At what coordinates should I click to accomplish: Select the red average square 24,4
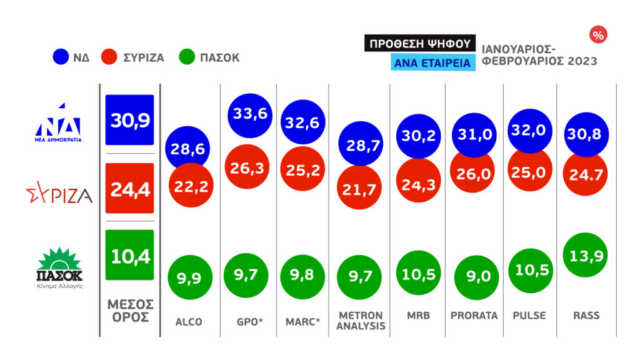(130, 188)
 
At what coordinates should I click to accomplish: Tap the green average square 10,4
(130, 255)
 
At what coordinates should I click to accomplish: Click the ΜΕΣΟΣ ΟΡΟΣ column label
(130, 310)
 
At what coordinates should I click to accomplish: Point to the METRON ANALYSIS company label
(360, 320)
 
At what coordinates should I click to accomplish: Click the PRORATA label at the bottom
(474, 316)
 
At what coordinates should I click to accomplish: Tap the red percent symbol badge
(598, 36)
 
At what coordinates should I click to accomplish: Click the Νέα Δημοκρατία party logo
(57, 122)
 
